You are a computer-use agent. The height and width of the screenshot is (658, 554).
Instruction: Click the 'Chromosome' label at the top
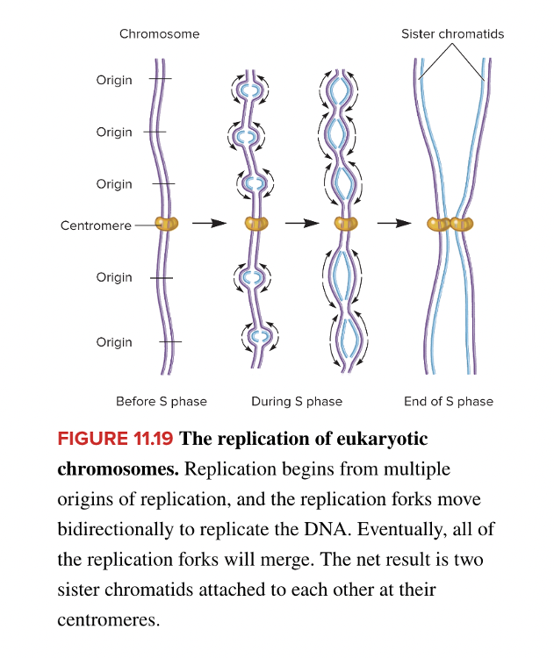click(159, 34)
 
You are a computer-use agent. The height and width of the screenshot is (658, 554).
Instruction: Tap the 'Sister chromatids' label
click(452, 34)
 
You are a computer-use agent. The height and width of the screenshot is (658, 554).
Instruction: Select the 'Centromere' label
click(95, 225)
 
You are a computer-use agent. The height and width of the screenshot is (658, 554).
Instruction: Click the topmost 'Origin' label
click(114, 80)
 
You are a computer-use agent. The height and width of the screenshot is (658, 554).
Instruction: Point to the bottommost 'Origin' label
click(114, 342)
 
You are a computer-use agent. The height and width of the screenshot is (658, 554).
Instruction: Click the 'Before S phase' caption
click(162, 402)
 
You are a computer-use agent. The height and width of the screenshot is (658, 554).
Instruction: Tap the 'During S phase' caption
click(297, 402)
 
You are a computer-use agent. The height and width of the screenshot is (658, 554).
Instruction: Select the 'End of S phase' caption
click(449, 402)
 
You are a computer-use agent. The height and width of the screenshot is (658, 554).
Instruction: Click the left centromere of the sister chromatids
click(438, 224)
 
